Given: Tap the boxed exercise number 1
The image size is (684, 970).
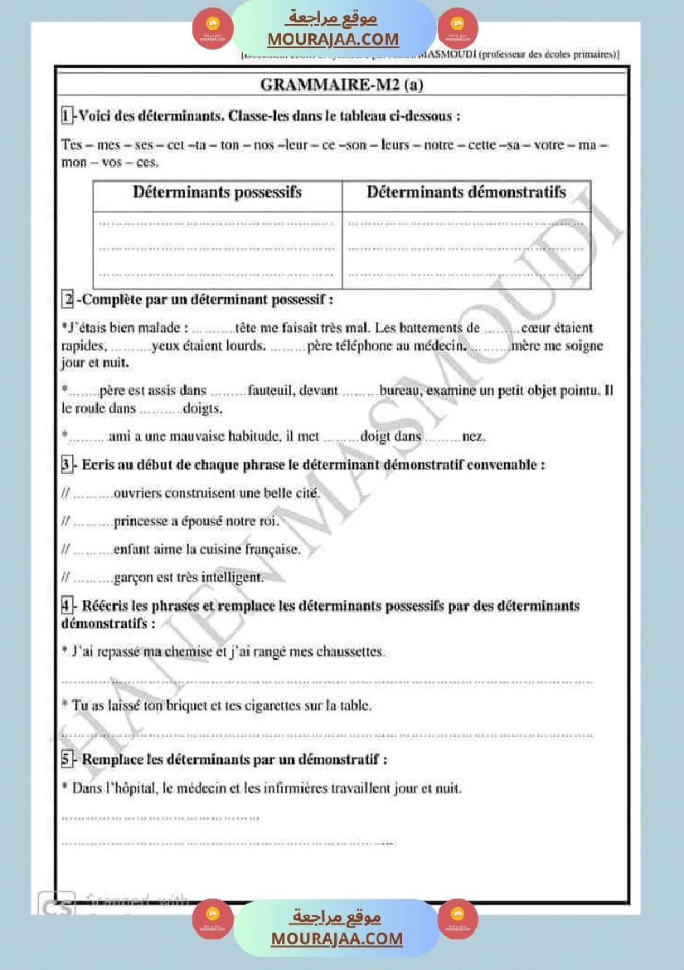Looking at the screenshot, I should click(x=66, y=115).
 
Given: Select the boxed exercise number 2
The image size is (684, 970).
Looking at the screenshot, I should click(x=69, y=299).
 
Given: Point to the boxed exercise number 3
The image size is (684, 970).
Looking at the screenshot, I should click(x=67, y=465).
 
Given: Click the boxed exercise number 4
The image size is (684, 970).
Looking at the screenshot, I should click(x=67, y=606).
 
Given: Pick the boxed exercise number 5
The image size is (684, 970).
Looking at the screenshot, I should click(x=67, y=758).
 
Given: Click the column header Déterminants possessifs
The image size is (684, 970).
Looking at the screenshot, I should click(x=217, y=193).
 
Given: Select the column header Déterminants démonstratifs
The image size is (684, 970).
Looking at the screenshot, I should click(x=466, y=193).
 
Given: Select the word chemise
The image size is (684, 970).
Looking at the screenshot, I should click(x=189, y=652).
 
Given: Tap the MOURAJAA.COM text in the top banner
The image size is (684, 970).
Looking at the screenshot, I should click(x=332, y=39).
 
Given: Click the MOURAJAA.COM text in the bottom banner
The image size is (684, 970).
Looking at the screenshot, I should click(x=337, y=938).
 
